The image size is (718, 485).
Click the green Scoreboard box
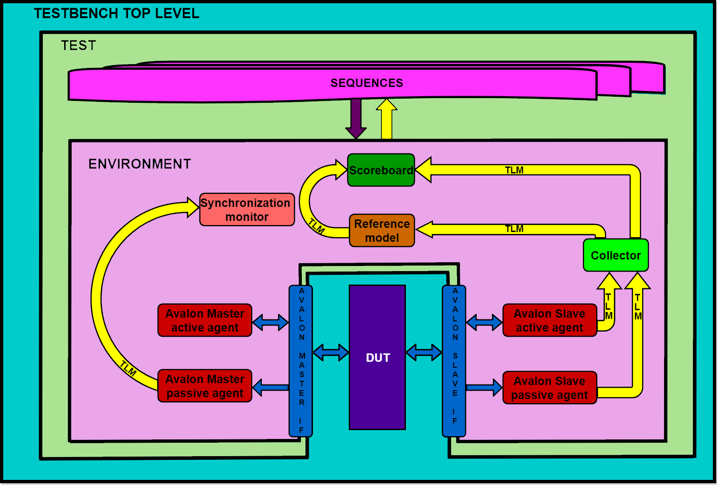(x=381, y=170)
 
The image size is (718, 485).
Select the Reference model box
(x=382, y=231)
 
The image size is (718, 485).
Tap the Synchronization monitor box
(x=247, y=210)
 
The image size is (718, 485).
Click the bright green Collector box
(x=616, y=255)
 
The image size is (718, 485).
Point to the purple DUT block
(x=377, y=357)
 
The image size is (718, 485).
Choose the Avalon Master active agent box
(x=205, y=320)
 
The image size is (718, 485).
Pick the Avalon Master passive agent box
(x=205, y=386)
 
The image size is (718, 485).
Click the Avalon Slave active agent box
(x=549, y=320)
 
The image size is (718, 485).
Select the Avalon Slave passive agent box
(x=549, y=388)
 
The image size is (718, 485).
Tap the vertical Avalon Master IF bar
(x=301, y=360)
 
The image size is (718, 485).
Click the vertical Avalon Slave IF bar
(x=454, y=360)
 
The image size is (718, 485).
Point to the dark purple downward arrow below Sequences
(x=356, y=119)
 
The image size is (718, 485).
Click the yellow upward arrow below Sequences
(x=386, y=119)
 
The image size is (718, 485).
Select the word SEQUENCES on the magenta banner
(x=366, y=83)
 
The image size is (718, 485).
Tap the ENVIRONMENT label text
(x=140, y=164)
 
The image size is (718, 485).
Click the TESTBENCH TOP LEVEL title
(x=116, y=13)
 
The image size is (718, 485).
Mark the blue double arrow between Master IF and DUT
(x=331, y=352)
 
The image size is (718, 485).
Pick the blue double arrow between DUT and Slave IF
(x=424, y=352)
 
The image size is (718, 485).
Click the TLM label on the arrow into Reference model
(x=514, y=229)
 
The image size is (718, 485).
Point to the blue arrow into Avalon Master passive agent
(x=271, y=387)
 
